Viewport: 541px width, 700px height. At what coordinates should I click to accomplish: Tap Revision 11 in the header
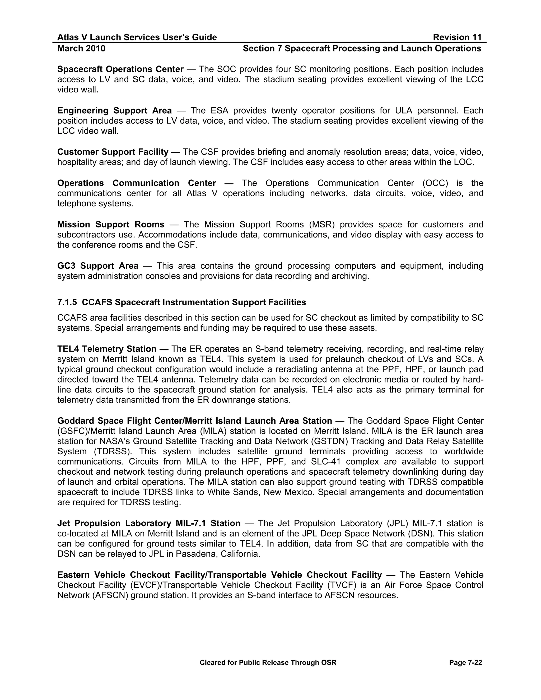(x=457, y=38)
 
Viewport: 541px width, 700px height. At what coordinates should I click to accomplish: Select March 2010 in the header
(x=81, y=48)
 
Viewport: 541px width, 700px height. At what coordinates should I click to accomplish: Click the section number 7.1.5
(x=67, y=302)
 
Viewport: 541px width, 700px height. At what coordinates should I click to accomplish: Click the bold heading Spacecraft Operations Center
(x=120, y=69)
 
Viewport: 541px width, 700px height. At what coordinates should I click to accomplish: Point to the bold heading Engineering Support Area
(x=114, y=111)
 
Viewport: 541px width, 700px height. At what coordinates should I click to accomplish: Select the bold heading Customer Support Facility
(x=113, y=152)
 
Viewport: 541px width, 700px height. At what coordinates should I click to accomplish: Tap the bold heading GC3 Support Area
(x=98, y=266)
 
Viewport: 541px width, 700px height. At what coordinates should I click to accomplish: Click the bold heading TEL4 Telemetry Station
(x=107, y=349)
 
